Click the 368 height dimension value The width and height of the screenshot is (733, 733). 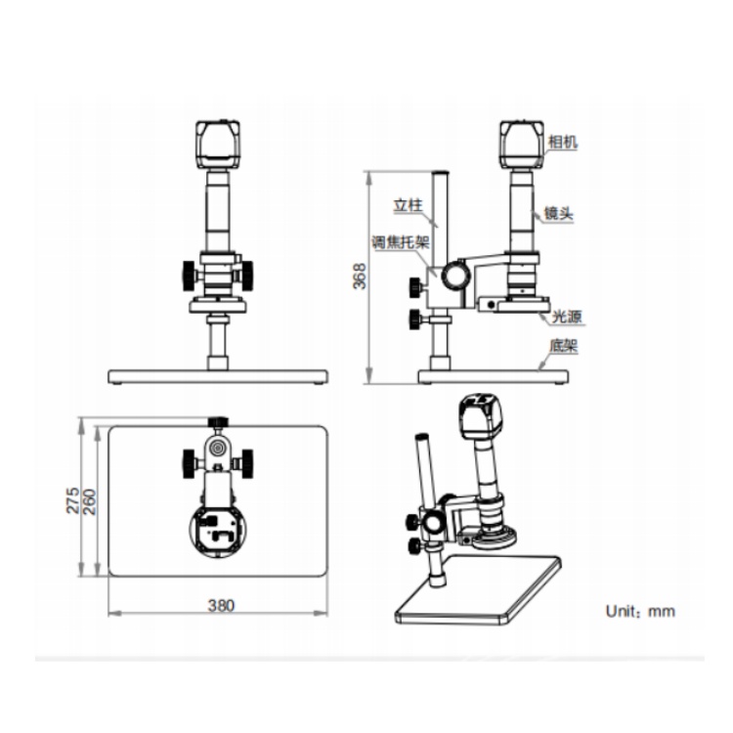[360, 277]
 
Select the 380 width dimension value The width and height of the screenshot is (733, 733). [221, 606]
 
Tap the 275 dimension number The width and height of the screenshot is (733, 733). [72, 500]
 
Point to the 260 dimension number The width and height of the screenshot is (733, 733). [89, 502]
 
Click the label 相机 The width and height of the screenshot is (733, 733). [563, 142]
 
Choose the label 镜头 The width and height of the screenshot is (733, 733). [558, 214]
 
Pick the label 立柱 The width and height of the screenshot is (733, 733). [408, 205]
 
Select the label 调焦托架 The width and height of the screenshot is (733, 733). [401, 241]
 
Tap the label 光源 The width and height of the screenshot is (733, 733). [567, 317]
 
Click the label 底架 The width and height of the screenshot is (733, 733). [564, 346]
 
